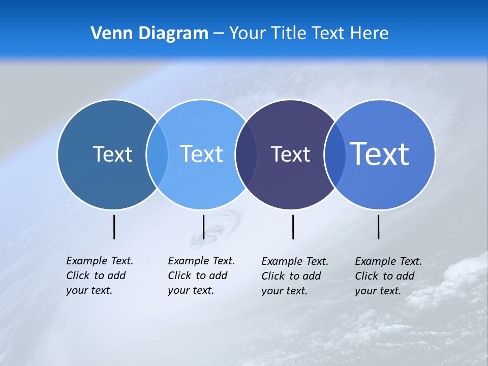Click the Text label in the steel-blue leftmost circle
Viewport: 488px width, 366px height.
[112, 154]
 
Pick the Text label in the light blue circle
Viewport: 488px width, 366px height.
[201, 154]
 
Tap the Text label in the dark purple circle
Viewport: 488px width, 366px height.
[290, 154]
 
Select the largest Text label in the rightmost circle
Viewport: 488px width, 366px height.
[380, 154]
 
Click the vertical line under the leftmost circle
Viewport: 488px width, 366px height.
[114, 227]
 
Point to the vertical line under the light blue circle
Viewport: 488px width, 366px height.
[203, 227]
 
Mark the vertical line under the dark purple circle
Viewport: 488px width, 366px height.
[293, 227]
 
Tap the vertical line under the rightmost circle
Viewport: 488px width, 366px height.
[379, 227]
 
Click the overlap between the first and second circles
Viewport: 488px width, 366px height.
[157, 154]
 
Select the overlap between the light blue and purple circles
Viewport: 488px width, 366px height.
[246, 154]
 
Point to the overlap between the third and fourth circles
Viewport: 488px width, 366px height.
[334, 154]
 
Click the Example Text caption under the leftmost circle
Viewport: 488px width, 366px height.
[99, 276]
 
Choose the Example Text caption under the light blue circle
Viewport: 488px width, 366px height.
[201, 276]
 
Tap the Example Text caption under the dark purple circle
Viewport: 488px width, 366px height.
[294, 276]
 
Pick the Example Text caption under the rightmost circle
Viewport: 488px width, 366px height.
[388, 276]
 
